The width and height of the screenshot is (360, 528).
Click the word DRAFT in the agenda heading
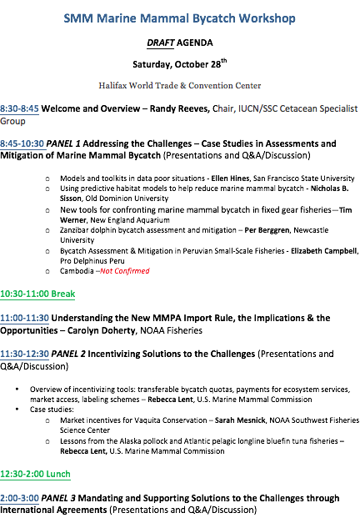point(161,43)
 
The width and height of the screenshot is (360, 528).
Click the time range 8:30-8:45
point(19,108)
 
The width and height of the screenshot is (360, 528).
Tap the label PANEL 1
point(63,143)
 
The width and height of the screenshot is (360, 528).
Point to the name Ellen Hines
point(231,179)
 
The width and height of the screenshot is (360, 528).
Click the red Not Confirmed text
point(125,271)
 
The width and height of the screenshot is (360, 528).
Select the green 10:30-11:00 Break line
point(37,294)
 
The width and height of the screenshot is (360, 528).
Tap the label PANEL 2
point(68,354)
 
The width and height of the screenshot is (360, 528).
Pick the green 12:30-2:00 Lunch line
point(35,474)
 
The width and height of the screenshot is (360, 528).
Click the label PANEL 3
point(58,498)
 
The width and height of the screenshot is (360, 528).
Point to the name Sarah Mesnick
point(240,420)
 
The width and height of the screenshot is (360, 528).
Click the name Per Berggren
point(267,230)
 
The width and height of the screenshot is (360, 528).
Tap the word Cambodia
point(77,271)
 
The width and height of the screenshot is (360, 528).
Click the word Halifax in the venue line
point(112,86)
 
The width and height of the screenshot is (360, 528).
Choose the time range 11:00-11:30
point(24,318)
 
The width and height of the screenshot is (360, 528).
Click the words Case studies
point(52,410)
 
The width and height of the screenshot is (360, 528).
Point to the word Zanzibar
point(75,230)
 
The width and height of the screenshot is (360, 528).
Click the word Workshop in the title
point(267,18)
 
